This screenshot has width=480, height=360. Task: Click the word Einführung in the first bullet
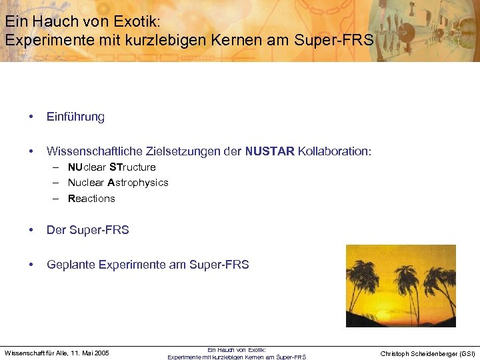click(75, 117)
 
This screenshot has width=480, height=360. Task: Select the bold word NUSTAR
click(270, 151)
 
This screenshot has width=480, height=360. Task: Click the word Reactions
click(91, 199)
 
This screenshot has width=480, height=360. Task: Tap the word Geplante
click(71, 265)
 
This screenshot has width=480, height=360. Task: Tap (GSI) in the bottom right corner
click(467, 354)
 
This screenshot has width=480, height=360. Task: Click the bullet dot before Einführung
click(31, 117)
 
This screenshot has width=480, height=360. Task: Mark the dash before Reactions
click(58, 199)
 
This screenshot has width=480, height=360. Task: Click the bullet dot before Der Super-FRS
click(31, 231)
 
